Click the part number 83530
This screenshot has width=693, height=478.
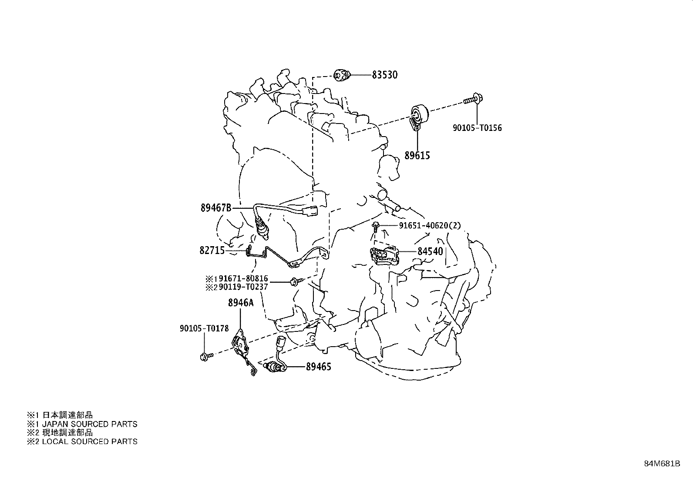(384, 75)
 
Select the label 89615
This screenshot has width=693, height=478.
(417, 156)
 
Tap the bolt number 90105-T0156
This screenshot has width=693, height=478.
(478, 128)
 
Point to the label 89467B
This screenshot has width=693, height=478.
(216, 208)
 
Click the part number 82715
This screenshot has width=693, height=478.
(212, 250)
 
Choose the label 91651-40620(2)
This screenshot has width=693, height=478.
(430, 226)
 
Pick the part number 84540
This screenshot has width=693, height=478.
(431, 251)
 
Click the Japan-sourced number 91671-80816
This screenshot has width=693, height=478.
(243, 278)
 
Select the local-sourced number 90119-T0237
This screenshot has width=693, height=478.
(243, 287)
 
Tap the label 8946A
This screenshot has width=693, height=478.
(241, 303)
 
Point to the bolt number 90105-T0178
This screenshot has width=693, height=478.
(204, 328)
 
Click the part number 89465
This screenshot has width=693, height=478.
(319, 367)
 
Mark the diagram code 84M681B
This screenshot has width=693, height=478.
(662, 464)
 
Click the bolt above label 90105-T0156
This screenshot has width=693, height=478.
(473, 100)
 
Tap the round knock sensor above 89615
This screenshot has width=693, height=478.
(419, 117)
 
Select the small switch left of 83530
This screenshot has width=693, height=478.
(342, 75)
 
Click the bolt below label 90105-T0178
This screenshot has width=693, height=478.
(206, 357)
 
